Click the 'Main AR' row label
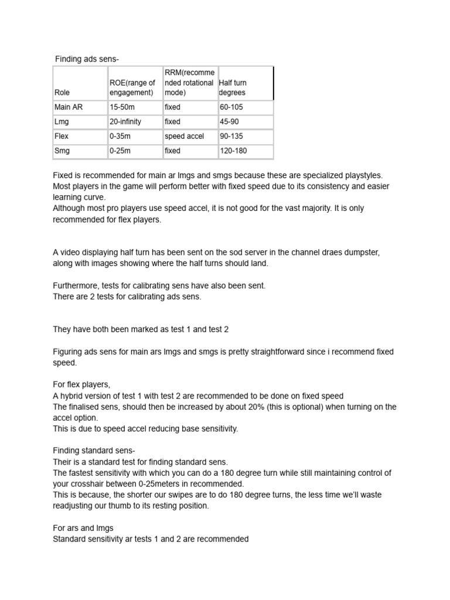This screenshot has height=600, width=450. click(x=68, y=107)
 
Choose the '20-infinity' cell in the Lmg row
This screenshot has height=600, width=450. click(x=125, y=122)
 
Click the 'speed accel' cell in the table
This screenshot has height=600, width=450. click(x=184, y=136)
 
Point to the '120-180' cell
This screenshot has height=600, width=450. click(x=233, y=151)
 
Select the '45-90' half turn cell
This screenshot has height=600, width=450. click(x=229, y=122)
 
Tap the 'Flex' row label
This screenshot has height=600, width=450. click(x=62, y=136)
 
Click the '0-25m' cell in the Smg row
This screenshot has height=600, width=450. click(x=120, y=151)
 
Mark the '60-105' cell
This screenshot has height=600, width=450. click(x=231, y=107)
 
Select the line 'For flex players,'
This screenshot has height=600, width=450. click(x=81, y=385)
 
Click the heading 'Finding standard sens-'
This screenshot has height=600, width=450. click(x=94, y=451)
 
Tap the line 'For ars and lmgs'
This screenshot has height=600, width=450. click(x=83, y=528)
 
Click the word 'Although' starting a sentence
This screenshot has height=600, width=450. click(x=69, y=209)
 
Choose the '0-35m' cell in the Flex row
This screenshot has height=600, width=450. click(x=120, y=136)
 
